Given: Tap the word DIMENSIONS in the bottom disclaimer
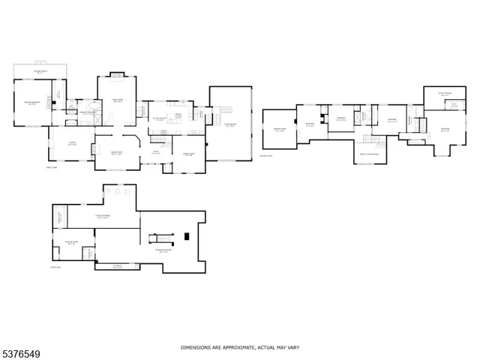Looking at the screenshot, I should (197, 348).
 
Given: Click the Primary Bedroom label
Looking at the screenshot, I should (31, 103).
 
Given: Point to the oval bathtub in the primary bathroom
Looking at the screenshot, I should (93, 118).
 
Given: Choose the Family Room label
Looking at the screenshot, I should (118, 100).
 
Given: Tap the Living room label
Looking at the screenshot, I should (73, 144).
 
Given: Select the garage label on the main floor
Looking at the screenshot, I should (231, 126).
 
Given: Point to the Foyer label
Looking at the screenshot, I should (156, 153).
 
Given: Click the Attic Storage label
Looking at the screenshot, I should (445, 94).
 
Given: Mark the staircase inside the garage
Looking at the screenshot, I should (225, 109).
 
